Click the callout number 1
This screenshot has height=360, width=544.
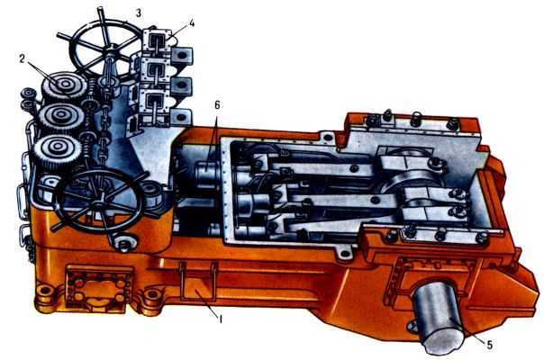220,319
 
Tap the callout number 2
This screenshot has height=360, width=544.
23,59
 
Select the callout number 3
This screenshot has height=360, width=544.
139,13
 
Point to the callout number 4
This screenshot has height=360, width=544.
192,23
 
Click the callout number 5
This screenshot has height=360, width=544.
489,345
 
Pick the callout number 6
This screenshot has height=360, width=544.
217,105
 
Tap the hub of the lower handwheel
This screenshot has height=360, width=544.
101,201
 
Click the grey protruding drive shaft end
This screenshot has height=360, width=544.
438,316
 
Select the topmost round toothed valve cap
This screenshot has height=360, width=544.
65,85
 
